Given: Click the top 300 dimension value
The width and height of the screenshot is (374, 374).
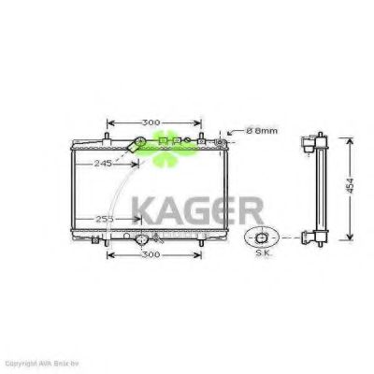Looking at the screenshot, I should click(x=151, y=122).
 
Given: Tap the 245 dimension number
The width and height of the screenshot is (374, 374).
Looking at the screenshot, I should click(x=104, y=164).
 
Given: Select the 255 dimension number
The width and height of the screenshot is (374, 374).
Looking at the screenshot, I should click(x=105, y=218).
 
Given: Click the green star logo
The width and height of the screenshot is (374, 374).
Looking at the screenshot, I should click(x=162, y=151).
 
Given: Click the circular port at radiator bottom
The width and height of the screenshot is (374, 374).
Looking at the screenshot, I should click(x=142, y=239).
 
